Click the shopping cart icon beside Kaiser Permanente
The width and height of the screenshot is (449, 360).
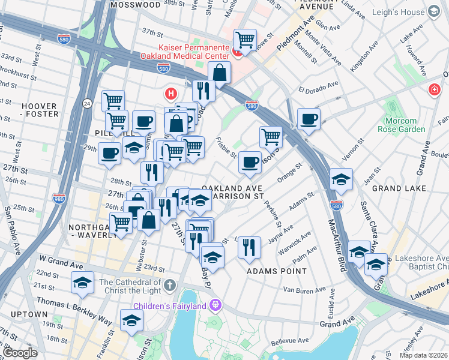[245, 41]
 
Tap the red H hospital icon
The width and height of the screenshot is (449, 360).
[171, 94]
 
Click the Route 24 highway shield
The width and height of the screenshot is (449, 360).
[87, 104]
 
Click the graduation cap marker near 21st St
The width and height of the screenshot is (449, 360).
[82, 283]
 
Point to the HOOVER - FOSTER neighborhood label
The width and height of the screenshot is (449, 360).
[40, 110]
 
